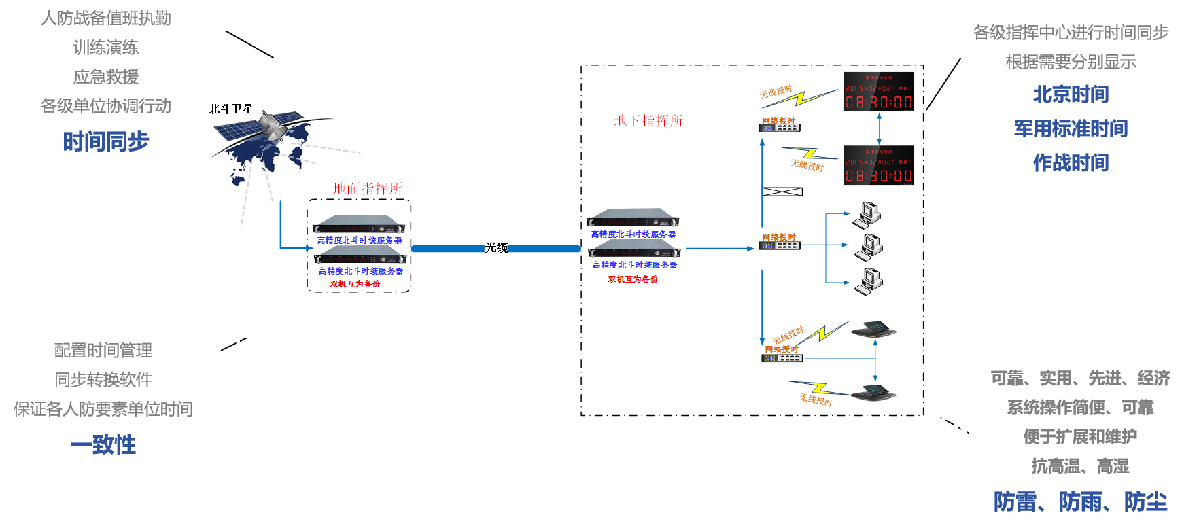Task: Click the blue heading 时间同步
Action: (105, 141)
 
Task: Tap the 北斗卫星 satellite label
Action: (230, 109)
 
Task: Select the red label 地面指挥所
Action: (368, 188)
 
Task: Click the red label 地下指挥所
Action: (648, 121)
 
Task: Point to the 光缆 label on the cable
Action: (496, 248)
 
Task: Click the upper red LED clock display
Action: (878, 92)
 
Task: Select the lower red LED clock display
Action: (878, 165)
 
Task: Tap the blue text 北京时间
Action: (1071, 94)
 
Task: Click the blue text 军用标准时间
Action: (1071, 128)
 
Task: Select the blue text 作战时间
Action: (1071, 163)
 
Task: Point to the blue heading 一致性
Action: (103, 445)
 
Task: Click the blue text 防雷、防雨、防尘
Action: (1080, 502)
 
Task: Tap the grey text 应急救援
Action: (105, 77)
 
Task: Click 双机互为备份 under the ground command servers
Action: (355, 284)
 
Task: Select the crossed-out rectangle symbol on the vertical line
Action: (782, 192)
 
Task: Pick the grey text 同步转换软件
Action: (103, 379)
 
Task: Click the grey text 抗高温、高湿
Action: (1080, 466)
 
